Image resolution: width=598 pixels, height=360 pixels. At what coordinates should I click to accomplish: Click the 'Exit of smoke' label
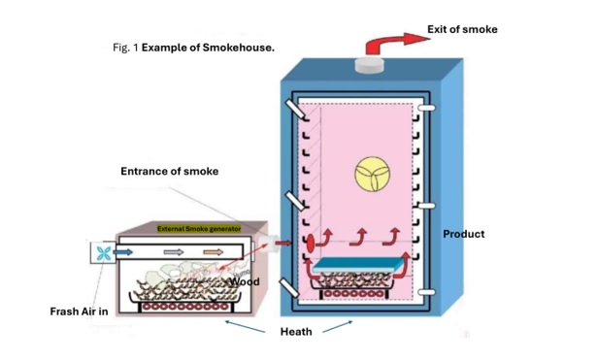point(462,29)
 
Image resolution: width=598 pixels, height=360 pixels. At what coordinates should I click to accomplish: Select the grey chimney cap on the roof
point(369,64)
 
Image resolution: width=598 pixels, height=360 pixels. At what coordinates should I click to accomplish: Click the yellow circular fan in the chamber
point(372,175)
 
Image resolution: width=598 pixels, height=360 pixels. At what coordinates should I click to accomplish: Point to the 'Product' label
point(464,234)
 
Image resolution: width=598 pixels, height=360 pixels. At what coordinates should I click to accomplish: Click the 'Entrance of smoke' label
point(170,171)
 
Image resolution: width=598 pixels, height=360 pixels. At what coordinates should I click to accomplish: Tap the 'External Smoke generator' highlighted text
point(199,229)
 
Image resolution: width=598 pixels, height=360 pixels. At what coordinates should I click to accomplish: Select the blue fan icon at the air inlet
point(104,253)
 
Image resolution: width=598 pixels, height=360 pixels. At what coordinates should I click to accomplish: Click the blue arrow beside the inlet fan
point(122,252)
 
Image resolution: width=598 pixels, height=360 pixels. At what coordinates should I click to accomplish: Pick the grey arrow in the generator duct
point(174,252)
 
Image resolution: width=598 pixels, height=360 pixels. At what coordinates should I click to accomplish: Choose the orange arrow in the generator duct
point(214,251)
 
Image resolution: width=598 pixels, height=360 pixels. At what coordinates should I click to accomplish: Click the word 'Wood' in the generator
point(245,281)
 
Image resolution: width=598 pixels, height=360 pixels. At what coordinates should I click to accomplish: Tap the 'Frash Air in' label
point(79,311)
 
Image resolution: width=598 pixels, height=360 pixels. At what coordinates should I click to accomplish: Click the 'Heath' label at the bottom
point(296,332)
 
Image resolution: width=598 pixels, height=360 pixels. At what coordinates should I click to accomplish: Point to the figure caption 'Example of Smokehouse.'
point(208,48)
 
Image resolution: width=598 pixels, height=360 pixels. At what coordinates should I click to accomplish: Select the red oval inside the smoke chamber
point(311,244)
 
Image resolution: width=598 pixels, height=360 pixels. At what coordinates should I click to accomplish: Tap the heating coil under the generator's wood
point(185,307)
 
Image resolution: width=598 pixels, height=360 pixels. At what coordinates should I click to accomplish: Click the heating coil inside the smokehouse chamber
point(354,294)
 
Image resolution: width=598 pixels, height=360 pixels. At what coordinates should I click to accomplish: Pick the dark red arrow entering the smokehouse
point(283,243)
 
